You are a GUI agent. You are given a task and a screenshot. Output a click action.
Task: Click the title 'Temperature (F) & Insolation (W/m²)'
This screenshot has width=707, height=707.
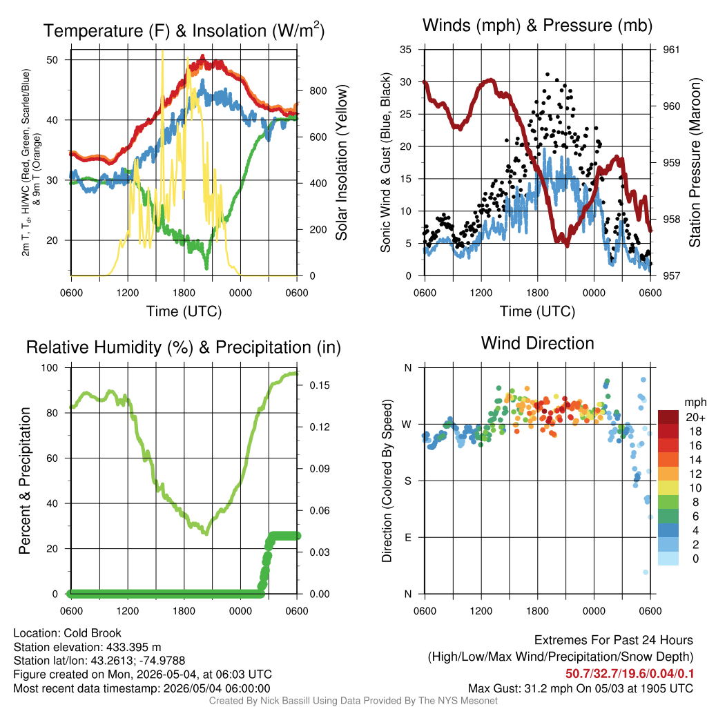pos(184,30)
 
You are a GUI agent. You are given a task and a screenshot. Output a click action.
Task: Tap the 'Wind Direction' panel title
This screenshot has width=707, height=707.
pos(537,343)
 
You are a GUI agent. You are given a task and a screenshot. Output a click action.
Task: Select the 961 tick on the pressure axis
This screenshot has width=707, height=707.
pos(671,50)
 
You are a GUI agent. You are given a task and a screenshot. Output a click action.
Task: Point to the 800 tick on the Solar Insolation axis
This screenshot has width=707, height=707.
pos(318,90)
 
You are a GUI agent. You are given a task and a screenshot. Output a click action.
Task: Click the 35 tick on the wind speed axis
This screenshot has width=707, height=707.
pos(406,50)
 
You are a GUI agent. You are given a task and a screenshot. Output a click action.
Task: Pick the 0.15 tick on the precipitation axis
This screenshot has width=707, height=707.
pos(320,385)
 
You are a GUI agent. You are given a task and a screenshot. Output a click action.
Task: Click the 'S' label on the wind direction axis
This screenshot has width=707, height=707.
pos(407,481)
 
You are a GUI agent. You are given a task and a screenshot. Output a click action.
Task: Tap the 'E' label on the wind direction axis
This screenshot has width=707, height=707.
pos(407,537)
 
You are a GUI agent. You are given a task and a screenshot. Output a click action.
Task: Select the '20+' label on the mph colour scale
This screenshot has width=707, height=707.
pos(695,417)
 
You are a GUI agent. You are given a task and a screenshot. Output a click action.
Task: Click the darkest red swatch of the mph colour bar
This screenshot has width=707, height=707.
pos(668,417)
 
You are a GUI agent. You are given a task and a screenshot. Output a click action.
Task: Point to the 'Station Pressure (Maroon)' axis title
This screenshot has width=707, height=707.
pos(695,162)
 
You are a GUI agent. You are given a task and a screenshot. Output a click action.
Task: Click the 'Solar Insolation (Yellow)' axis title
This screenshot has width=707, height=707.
pos(342,162)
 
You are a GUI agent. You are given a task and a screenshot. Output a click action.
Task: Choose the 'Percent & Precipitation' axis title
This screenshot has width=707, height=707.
pos(24,481)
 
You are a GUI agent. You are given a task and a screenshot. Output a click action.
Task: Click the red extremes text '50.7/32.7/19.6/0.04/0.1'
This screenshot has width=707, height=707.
pos(630,674)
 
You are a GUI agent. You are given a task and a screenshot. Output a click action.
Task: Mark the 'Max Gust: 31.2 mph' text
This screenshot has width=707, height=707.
pos(511,688)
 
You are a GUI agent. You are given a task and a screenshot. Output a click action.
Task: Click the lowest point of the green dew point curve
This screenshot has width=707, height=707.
pos(206,269)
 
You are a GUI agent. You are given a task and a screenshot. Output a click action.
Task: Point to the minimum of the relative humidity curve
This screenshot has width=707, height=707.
pos(206,534)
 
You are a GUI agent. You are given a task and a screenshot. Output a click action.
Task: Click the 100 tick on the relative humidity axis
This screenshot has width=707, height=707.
pos(50,367)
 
